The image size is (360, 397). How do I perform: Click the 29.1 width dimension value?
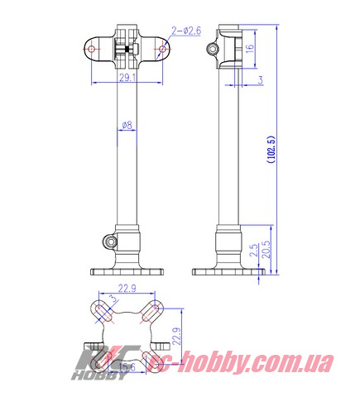point(126,77)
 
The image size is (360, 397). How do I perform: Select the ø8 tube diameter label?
point(127,125)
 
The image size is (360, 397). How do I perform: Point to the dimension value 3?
point(260,79)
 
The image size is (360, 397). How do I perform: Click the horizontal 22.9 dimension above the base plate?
point(127,289)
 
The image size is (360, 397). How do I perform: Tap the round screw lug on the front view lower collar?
point(108,242)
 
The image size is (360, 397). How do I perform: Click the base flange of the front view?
point(127,270)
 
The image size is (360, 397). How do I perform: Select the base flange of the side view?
point(223,270)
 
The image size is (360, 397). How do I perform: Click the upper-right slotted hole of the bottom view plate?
point(151,313)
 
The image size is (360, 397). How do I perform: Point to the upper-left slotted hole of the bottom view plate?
point(103,313)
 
